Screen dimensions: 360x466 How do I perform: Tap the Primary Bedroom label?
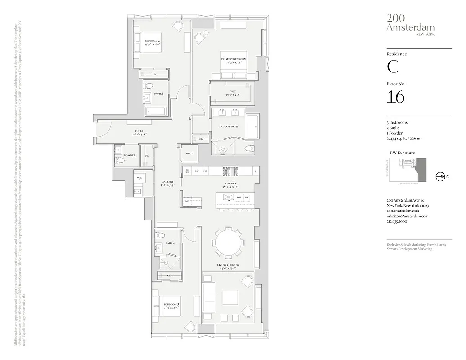tap(233, 59)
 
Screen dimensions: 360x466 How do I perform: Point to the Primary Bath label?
tap(229, 126)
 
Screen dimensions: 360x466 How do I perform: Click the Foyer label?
tap(139, 131)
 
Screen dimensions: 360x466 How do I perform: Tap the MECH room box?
tap(189, 153)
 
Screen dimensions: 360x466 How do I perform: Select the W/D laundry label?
tap(139, 178)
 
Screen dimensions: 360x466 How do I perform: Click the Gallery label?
tap(167, 182)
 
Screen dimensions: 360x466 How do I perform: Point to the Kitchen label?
tap(231, 184)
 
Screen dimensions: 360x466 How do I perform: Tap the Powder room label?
tap(129, 155)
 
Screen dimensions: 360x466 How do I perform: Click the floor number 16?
tap(395, 97)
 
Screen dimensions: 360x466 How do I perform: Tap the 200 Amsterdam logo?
tap(410, 24)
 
